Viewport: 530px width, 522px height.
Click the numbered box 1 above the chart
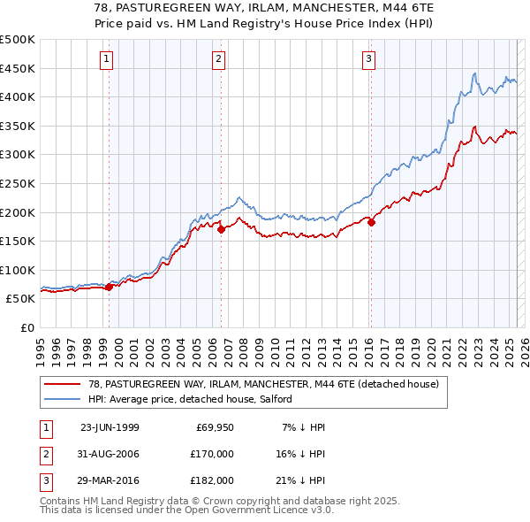click(x=106, y=59)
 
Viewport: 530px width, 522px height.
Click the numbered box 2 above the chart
click(x=218, y=59)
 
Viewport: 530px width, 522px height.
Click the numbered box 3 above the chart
click(x=368, y=59)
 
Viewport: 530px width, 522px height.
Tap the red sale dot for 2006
click(x=221, y=230)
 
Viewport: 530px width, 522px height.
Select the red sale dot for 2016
click(x=371, y=223)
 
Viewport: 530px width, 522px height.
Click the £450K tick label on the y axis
click(x=18, y=68)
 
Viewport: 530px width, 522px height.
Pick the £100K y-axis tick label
click(x=18, y=270)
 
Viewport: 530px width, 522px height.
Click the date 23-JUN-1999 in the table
click(x=110, y=427)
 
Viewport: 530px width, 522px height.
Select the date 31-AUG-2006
click(x=110, y=454)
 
